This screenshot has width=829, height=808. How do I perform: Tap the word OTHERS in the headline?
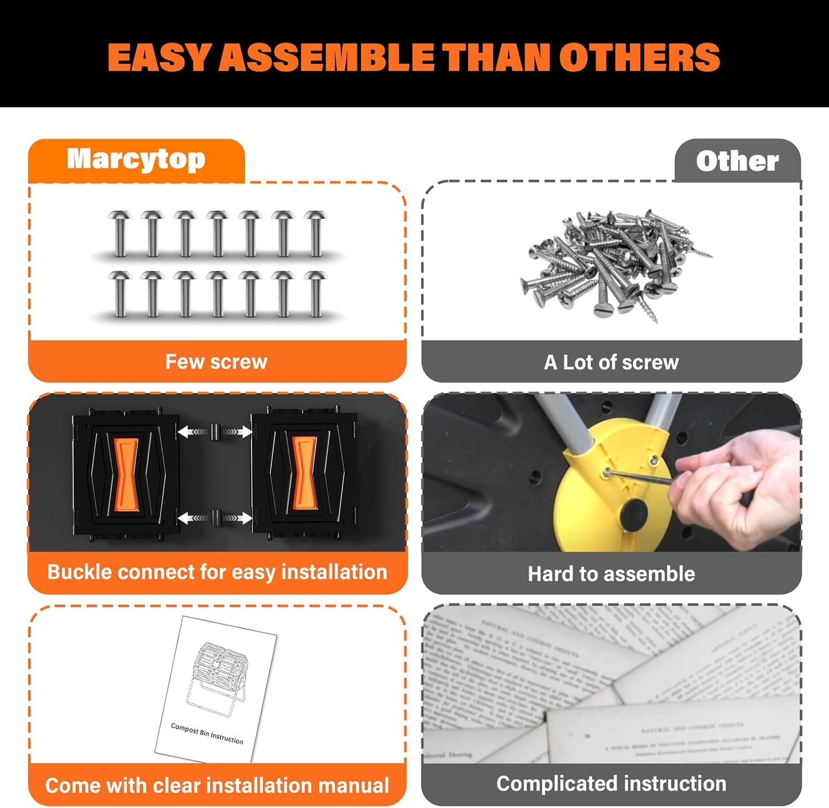click(639, 57)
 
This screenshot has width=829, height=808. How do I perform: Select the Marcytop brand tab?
click(136, 160)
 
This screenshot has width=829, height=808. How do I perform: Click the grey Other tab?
click(737, 161)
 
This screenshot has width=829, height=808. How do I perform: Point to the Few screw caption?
click(216, 362)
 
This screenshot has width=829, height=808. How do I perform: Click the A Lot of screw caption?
click(611, 362)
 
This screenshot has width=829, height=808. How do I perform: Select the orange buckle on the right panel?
click(305, 474)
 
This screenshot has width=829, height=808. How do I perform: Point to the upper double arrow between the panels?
click(215, 432)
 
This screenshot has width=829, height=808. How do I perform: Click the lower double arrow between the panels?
click(215, 518)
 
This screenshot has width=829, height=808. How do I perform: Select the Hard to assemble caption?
click(611, 574)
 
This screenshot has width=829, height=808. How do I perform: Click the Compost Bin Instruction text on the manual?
click(207, 734)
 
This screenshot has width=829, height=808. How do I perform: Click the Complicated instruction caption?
click(611, 784)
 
